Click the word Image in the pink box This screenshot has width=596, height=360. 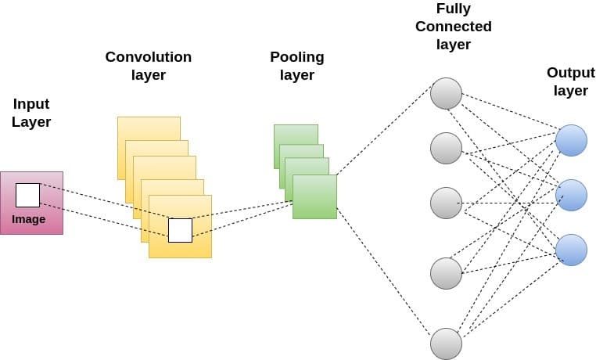[28, 219]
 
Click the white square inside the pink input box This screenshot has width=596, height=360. [27, 195]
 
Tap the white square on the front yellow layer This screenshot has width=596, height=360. [180, 230]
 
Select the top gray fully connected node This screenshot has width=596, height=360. [446, 93]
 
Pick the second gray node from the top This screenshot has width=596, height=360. [446, 148]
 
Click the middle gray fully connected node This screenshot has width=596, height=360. [446, 203]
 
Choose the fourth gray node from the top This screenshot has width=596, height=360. [446, 273]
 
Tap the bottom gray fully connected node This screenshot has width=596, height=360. [446, 344]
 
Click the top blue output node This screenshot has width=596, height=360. [571, 140]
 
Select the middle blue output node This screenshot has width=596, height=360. [571, 195]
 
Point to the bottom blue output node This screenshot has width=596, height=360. [571, 250]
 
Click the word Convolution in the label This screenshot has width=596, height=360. [148, 57]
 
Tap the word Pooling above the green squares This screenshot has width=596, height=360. [296, 57]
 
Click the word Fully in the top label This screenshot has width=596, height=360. [454, 9]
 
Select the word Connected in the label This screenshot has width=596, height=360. [454, 27]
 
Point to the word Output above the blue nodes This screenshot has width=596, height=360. [570, 73]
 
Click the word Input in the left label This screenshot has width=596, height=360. [31, 104]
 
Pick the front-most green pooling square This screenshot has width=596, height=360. [314, 196]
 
